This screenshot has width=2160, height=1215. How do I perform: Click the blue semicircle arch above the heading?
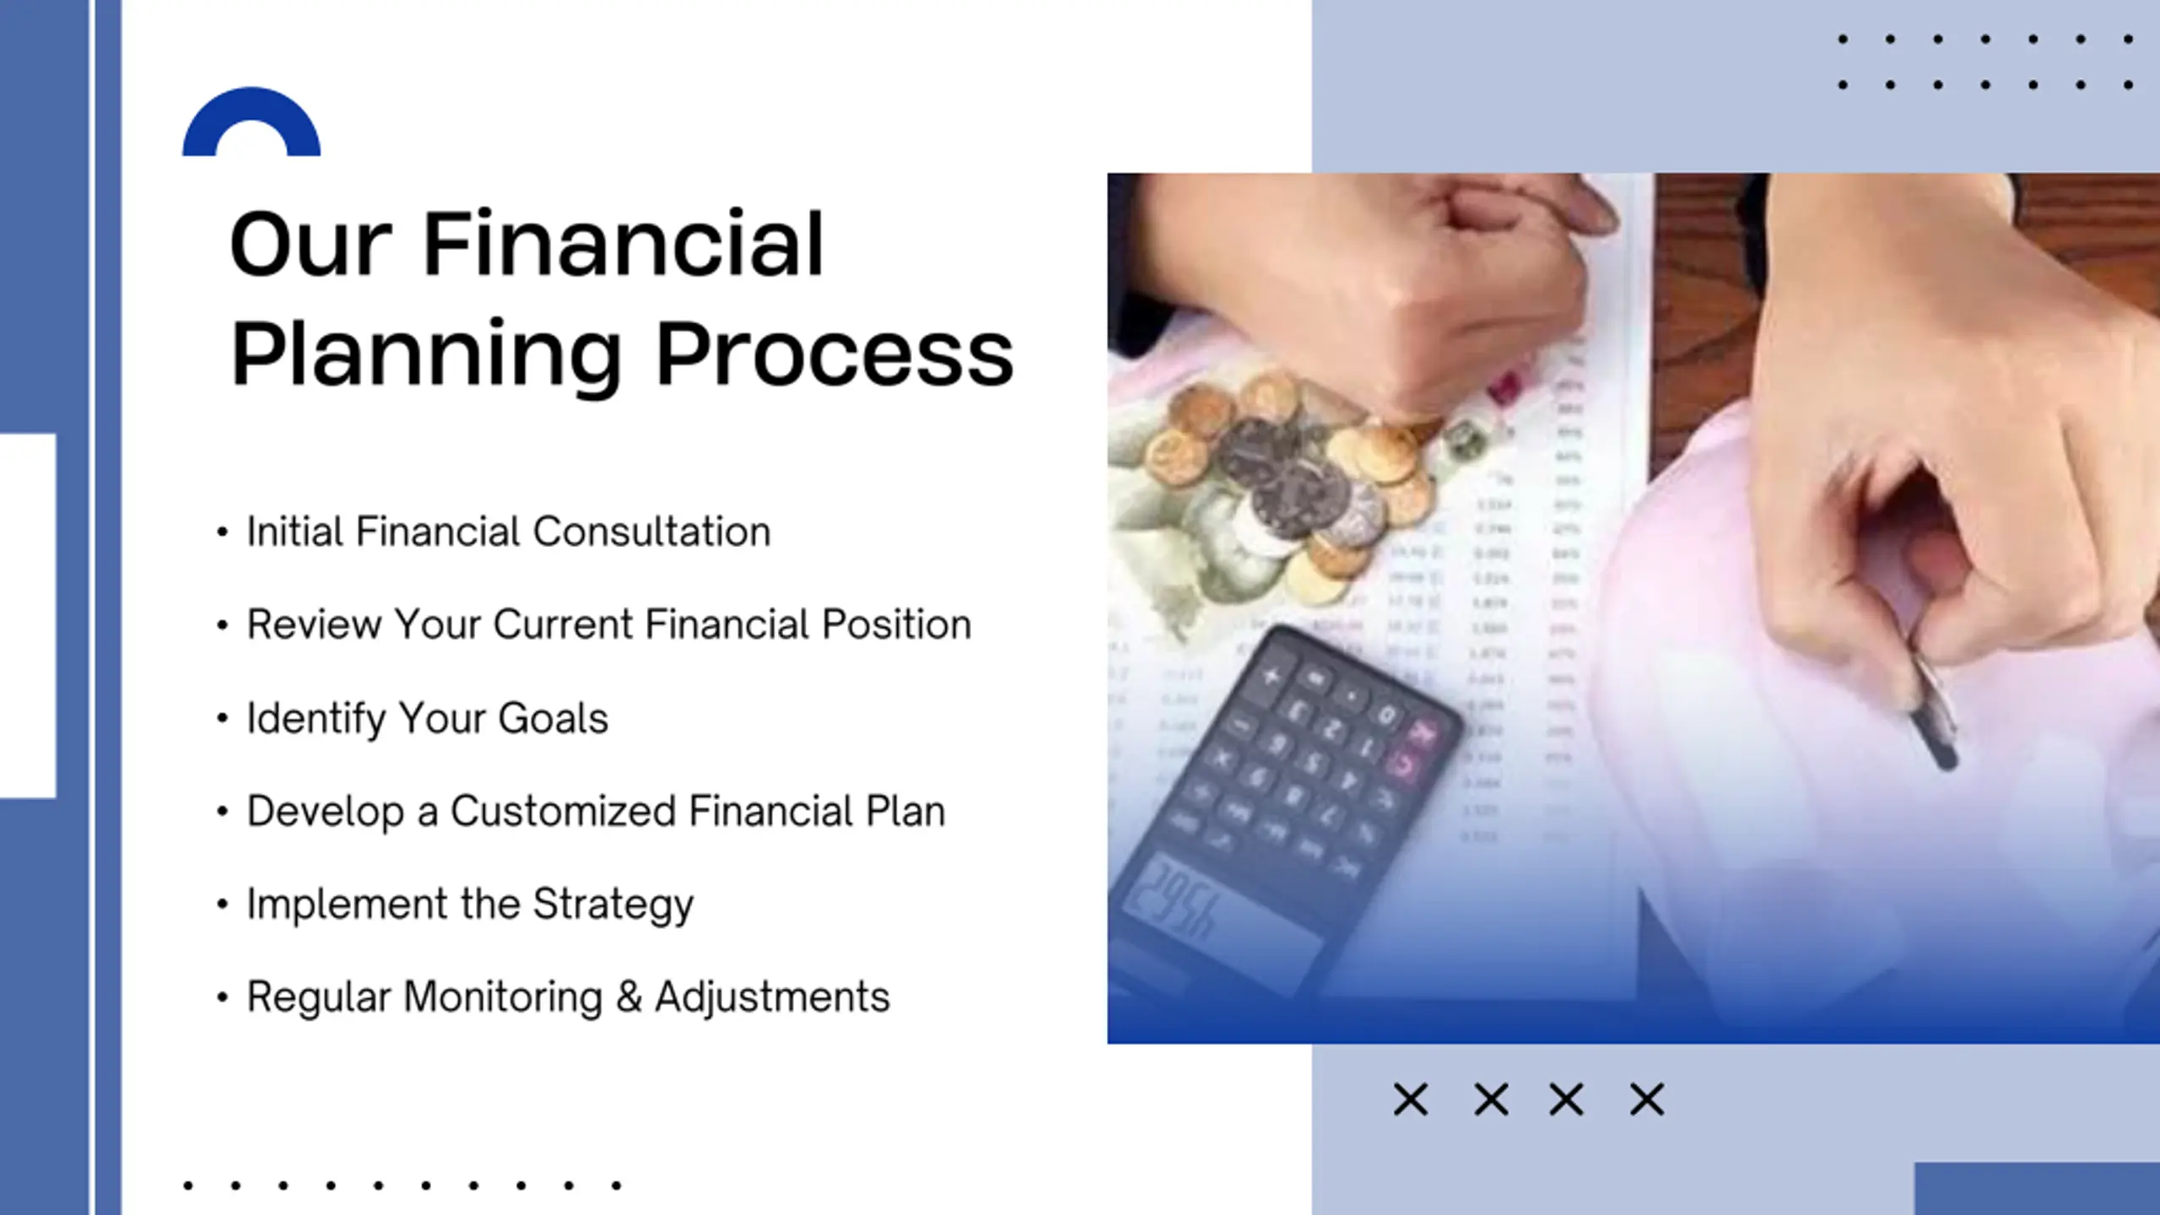pyautogui.click(x=251, y=105)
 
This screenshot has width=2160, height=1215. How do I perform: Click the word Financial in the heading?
pyautogui.click(x=623, y=245)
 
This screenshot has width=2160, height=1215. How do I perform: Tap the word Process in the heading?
pyautogui.click(x=834, y=354)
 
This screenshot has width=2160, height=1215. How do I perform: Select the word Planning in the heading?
pyautogui.click(x=426, y=358)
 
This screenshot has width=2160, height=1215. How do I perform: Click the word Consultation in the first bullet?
pyautogui.click(x=651, y=532)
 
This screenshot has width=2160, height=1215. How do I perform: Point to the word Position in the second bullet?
pyautogui.click(x=896, y=624)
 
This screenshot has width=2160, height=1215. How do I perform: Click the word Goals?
pyautogui.click(x=553, y=718)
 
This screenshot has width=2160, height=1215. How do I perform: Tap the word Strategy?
pyautogui.click(x=613, y=905)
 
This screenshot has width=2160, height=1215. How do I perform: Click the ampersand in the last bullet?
pyautogui.click(x=629, y=996)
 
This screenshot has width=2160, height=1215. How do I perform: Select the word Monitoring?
pyautogui.click(x=503, y=998)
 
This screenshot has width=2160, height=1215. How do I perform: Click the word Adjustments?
pyautogui.click(x=772, y=997)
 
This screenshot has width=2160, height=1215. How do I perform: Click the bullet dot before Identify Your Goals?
pyautogui.click(x=222, y=718)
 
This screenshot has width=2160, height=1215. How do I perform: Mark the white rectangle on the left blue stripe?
pyautogui.click(x=28, y=615)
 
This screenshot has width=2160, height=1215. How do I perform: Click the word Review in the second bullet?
pyautogui.click(x=314, y=624)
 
